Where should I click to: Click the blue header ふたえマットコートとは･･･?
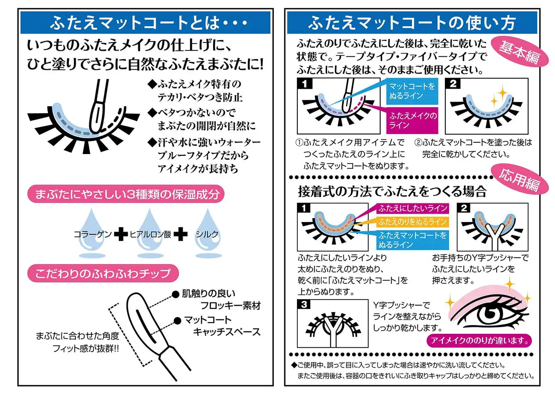pos(145,23)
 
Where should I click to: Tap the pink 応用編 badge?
pos(519,179)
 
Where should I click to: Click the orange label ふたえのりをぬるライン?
pos(413,221)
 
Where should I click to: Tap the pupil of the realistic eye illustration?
pos(490,315)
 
